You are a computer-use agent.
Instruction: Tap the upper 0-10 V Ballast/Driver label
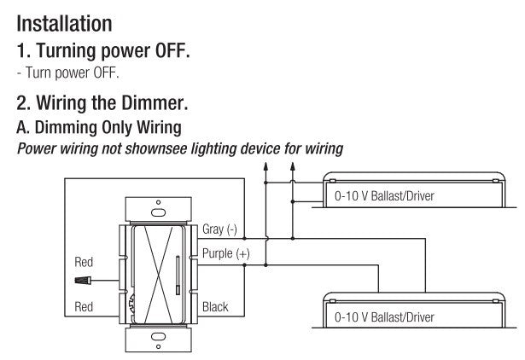pos(385,195)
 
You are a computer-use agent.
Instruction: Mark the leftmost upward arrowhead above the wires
pos(266,171)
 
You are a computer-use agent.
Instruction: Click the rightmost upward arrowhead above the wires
pos(292,171)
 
